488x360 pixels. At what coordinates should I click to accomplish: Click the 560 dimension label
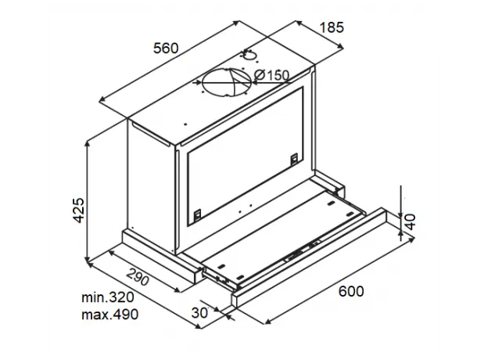[x=166, y=48]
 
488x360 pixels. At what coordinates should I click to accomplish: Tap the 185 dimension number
[x=332, y=28]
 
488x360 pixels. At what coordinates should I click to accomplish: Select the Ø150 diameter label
[x=272, y=75]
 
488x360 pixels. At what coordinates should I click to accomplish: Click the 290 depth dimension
[x=136, y=278]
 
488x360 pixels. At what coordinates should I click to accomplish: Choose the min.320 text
[x=107, y=298]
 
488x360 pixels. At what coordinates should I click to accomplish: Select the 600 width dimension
[x=351, y=291]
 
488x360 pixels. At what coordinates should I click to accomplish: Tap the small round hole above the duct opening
[x=249, y=54]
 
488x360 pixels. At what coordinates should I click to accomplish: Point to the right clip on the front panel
[x=293, y=159]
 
